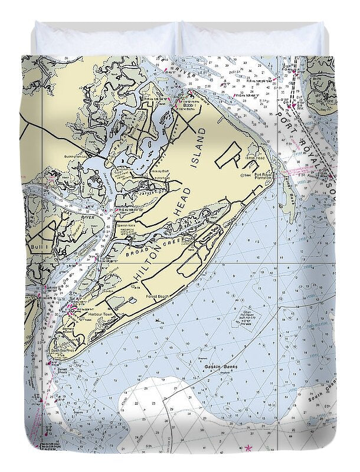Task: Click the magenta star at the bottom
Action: [x=248, y=450]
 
